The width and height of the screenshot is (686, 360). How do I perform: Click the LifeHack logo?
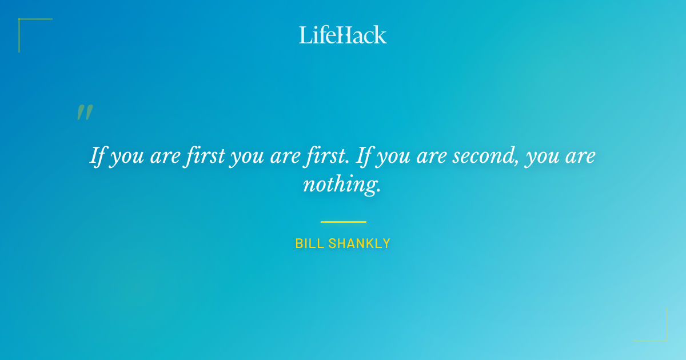[343, 35]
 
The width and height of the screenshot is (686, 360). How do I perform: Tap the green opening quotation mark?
[85, 113]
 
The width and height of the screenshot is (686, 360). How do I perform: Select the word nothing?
[340, 185]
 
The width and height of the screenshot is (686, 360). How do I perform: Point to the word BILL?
[308, 243]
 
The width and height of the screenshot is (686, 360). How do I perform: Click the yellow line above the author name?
[343, 222]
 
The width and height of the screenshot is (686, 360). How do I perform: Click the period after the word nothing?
[378, 191]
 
